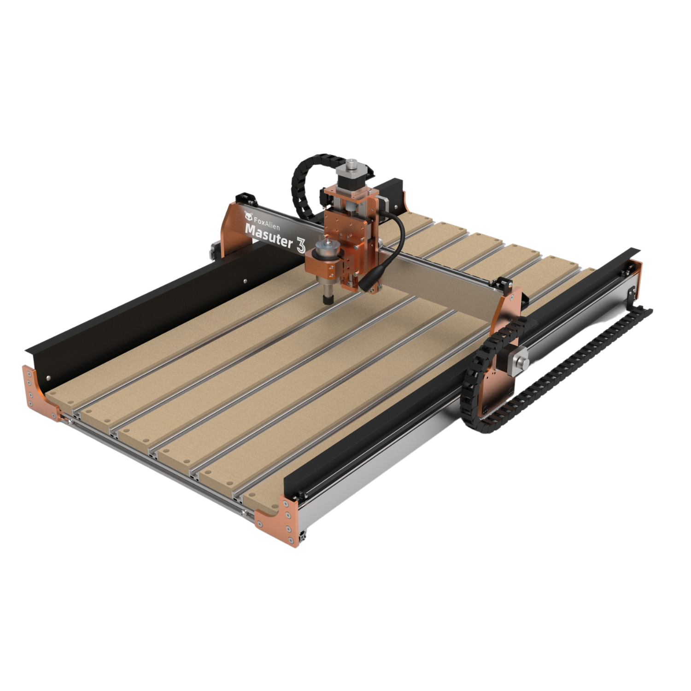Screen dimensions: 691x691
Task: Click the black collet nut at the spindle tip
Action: point(328,299)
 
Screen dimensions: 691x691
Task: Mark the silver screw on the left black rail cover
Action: point(245,279)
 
